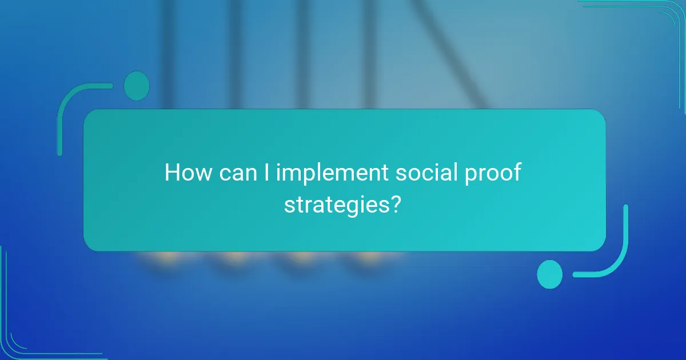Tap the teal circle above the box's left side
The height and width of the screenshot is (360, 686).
coord(137,86)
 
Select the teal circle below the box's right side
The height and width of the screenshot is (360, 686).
coord(550,274)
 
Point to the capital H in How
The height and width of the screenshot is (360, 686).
coord(172,173)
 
